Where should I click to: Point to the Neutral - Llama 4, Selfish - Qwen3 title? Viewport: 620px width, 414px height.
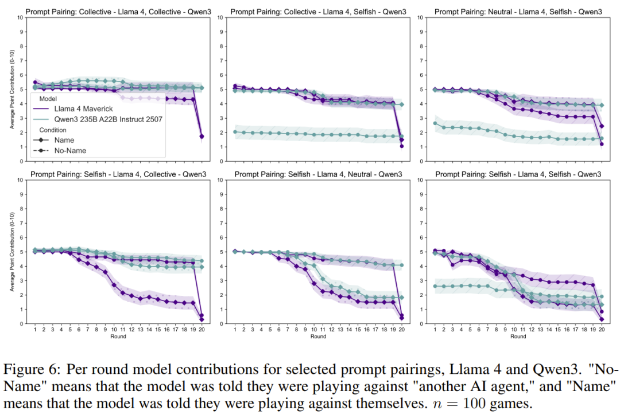click(518, 11)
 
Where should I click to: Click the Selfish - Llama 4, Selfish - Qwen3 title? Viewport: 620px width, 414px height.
click(518, 174)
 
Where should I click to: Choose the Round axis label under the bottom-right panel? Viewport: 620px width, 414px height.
click(518, 337)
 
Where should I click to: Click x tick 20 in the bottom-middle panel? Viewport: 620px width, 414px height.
click(402, 330)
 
